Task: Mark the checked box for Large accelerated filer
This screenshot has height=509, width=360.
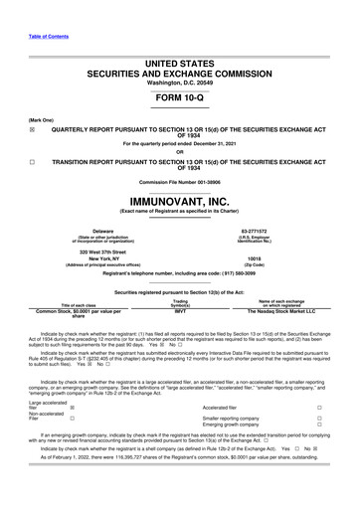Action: pos(72,407)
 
